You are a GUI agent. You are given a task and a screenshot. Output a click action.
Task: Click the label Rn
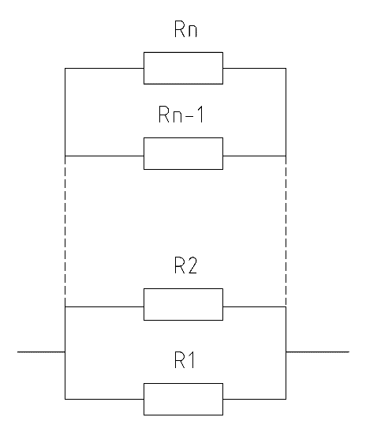click(x=186, y=29)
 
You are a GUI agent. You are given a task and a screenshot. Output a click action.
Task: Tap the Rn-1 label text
click(x=181, y=114)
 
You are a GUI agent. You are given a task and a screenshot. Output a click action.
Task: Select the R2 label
click(x=186, y=265)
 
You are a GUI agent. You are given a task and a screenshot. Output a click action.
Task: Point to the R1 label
click(x=185, y=360)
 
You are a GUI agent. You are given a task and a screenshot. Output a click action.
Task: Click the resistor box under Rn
click(x=183, y=68)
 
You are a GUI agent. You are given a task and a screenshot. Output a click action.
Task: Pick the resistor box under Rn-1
click(x=183, y=153)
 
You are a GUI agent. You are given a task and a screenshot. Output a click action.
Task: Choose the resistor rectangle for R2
click(x=183, y=304)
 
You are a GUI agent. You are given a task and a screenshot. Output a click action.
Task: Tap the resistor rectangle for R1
click(x=183, y=400)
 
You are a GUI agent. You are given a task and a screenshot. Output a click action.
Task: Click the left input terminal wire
click(x=41, y=352)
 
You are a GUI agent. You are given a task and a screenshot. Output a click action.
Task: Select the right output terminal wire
click(x=317, y=352)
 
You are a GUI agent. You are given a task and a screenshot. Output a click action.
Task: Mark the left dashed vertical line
click(x=65, y=231)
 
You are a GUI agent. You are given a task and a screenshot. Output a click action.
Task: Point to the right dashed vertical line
click(x=286, y=231)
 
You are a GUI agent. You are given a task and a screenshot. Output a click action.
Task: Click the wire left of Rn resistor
click(x=104, y=68)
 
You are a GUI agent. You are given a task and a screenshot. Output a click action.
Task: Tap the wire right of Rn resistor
click(x=254, y=68)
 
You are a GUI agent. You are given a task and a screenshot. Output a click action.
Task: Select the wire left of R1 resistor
click(x=104, y=400)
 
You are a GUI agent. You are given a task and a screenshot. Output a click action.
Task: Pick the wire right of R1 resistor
click(x=254, y=400)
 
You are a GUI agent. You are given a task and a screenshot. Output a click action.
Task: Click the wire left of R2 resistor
click(x=104, y=307)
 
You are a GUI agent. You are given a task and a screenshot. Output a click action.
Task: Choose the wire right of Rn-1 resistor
click(x=254, y=156)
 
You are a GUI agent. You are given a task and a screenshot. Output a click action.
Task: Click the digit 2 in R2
click(x=192, y=265)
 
